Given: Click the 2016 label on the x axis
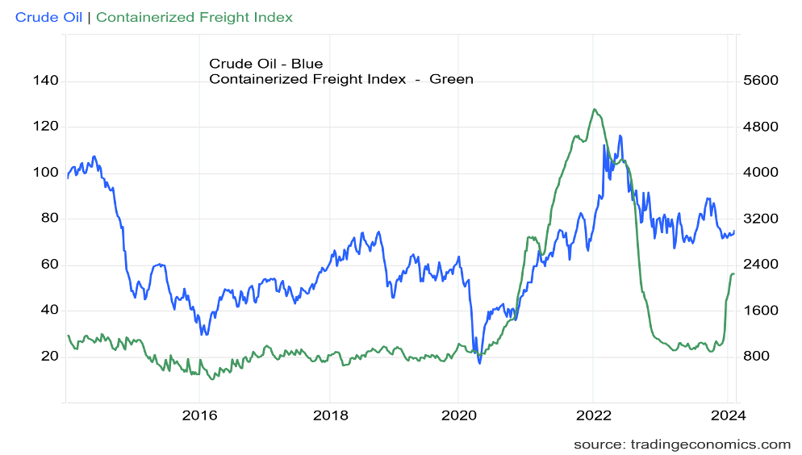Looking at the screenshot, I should (199, 417).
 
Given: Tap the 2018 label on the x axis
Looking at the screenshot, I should (330, 417).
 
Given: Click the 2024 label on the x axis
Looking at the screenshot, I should (728, 417).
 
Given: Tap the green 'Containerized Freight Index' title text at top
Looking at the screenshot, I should (194, 17).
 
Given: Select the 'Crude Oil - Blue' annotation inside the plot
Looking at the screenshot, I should (266, 63).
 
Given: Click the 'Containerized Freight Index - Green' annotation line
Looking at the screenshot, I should (340, 78).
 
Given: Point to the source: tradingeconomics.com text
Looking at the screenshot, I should (682, 445).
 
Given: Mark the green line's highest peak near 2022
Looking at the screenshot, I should (594, 109).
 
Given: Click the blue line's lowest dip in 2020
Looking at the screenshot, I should (479, 363).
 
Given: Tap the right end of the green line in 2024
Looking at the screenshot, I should (733, 274).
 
